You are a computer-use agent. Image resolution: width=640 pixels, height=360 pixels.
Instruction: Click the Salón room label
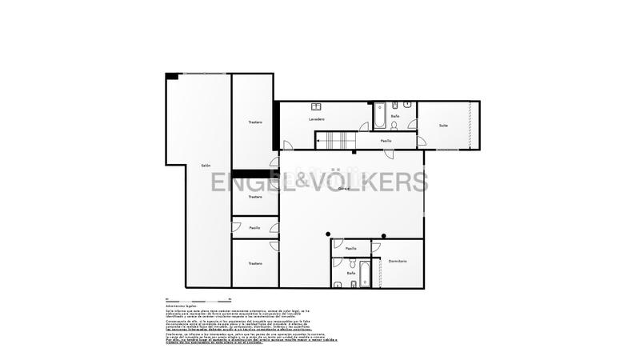(206, 166)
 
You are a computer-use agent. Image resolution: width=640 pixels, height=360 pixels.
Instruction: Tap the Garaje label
(344, 189)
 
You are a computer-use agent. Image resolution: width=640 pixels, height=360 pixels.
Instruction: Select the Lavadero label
(317, 119)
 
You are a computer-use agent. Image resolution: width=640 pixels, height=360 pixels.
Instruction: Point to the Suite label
(443, 126)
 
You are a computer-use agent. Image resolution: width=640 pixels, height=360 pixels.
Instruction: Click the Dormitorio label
(398, 262)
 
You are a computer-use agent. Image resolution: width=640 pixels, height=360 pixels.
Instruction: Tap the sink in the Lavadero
(317, 106)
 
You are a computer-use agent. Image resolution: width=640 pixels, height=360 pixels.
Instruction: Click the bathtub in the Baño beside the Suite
(380, 115)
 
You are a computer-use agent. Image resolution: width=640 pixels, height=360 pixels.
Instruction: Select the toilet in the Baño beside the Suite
(394, 125)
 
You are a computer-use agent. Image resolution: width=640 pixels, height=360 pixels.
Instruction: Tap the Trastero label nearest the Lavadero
(255, 122)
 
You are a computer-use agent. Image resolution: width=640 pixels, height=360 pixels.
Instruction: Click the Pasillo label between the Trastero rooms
(254, 228)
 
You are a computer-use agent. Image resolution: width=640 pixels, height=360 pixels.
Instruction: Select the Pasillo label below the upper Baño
(386, 141)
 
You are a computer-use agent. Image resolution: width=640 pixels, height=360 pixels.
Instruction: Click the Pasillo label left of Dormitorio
(350, 249)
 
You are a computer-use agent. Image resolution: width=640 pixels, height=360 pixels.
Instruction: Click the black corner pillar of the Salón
(171, 76)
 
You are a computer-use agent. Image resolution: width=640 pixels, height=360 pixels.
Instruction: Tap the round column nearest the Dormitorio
(384, 235)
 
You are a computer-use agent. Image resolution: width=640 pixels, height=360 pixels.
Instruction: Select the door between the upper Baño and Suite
(413, 124)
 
